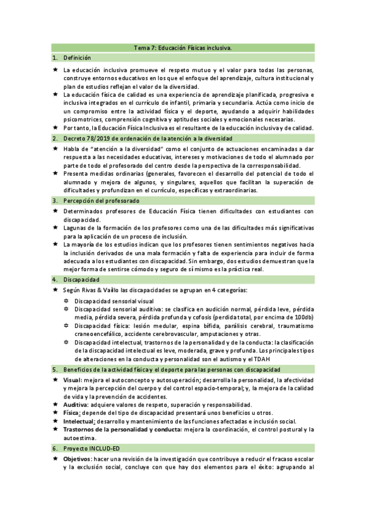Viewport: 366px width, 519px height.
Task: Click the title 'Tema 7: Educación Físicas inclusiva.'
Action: click(183, 48)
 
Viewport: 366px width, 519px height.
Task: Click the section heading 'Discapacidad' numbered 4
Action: click(82, 279)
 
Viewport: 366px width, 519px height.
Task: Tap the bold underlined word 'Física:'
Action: click(73, 413)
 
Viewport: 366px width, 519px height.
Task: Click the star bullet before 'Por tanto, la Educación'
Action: click(55, 128)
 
